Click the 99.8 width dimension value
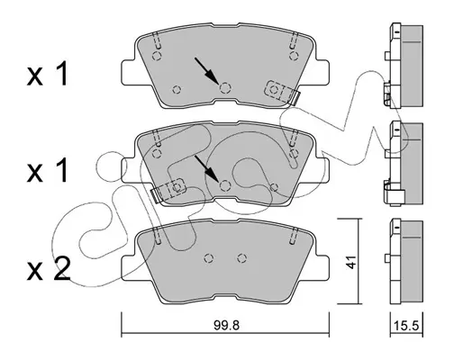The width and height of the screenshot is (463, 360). tap(226, 325)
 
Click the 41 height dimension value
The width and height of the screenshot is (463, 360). tap(350, 262)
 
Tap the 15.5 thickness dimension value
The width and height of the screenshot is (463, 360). tap(406, 325)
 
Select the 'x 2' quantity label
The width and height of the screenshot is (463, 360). tap(49, 269)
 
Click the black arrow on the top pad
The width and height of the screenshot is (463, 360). tap(206, 70)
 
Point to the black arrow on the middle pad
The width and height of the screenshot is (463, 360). tap(206, 168)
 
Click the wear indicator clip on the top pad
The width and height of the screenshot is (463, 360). tap(282, 93)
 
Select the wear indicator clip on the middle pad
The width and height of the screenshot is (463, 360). tap(168, 190)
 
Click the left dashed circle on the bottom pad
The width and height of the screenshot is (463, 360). tap(209, 258)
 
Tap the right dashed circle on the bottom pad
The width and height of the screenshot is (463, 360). tap(241, 258)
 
